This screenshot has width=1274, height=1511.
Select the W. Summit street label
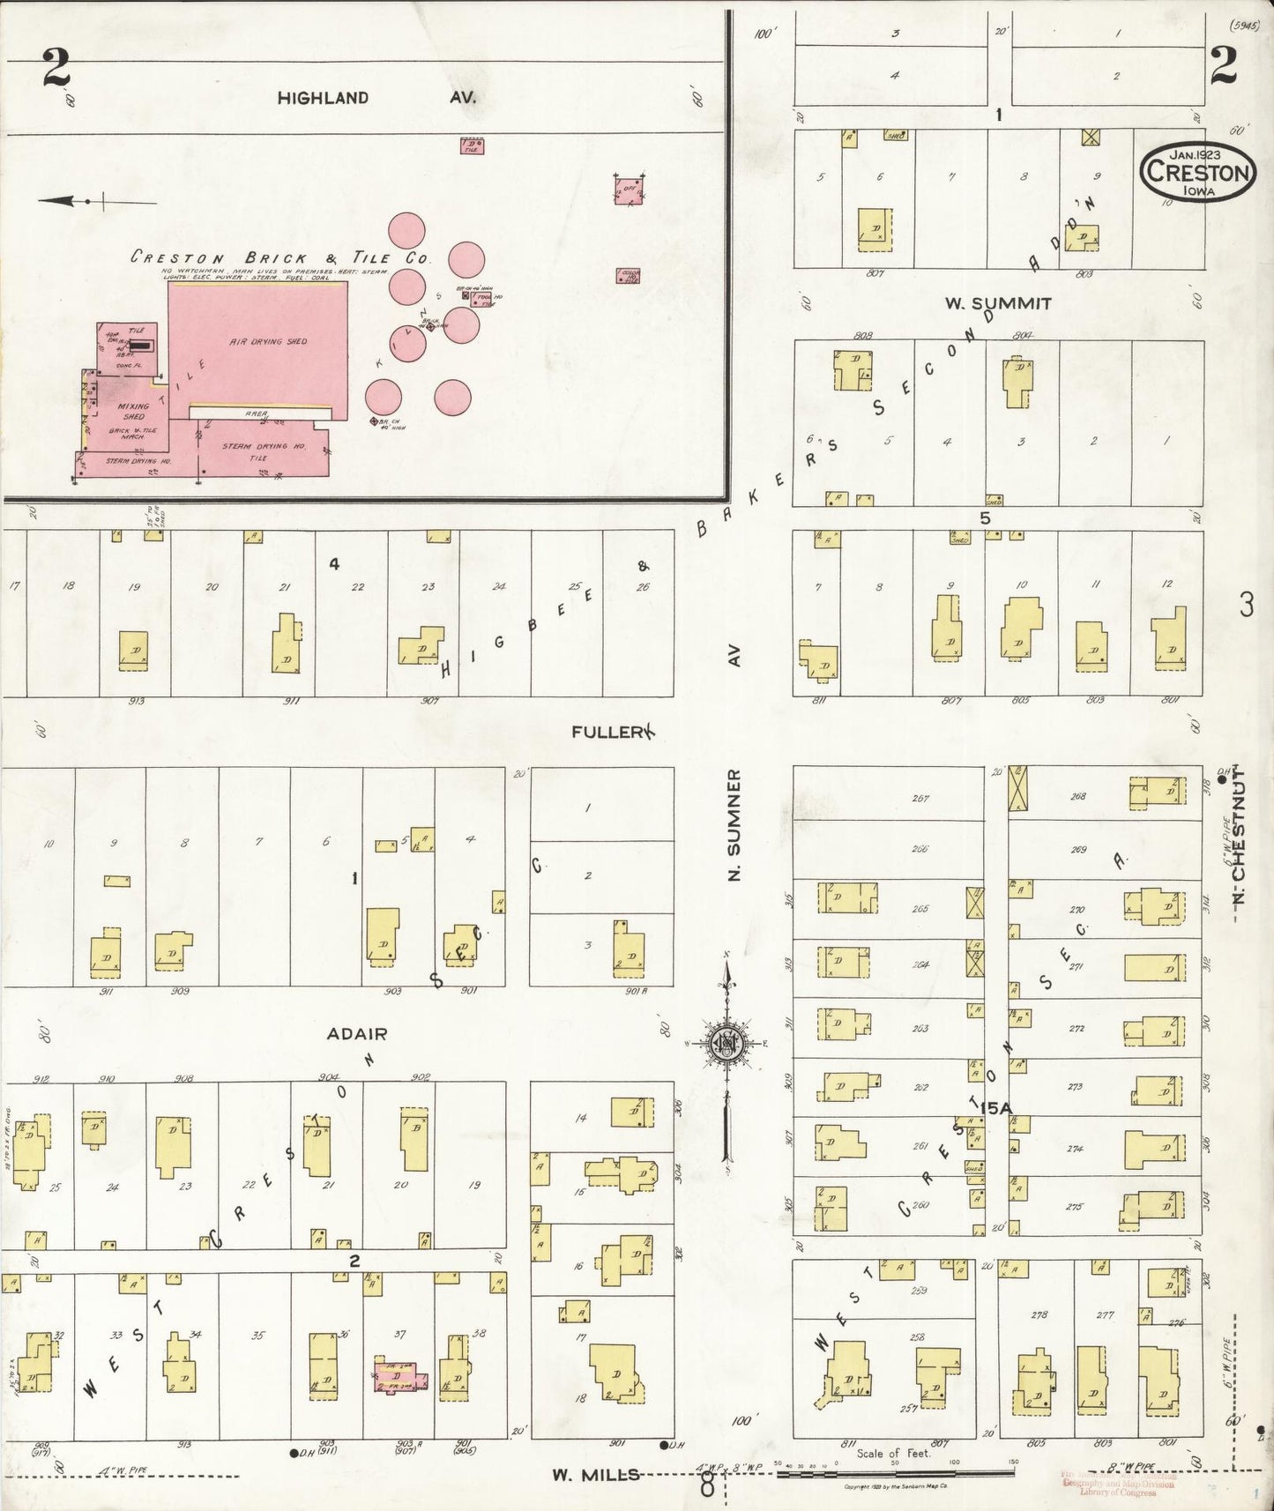[x=998, y=303]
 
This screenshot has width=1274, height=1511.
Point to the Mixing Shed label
[x=133, y=411]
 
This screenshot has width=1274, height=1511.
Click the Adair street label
[x=356, y=1033]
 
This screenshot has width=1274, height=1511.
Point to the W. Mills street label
[x=595, y=1474]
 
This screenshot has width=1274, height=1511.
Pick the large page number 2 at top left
[x=56, y=69]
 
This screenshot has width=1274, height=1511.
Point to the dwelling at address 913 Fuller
[x=133, y=651]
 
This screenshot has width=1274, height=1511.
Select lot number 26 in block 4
[x=643, y=587]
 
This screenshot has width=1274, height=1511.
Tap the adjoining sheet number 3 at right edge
[x=1246, y=605]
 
